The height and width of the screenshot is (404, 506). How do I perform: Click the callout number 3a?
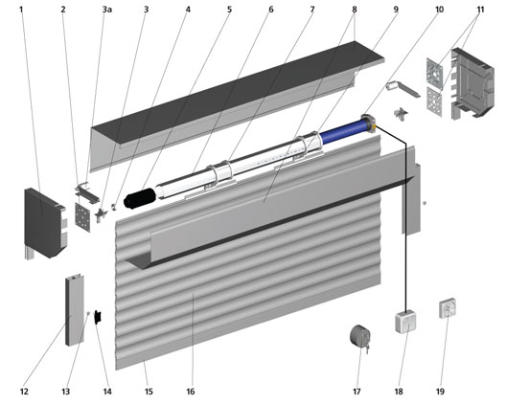[x=107, y=10]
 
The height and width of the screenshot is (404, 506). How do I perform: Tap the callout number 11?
[x=480, y=10]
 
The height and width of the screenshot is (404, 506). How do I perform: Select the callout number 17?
[x=356, y=392]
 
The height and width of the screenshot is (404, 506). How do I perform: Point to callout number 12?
[x=24, y=392]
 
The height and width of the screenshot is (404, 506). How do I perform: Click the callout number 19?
[x=440, y=392]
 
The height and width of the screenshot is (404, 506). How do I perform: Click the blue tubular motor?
[x=346, y=130]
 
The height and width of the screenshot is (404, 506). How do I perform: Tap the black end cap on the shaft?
[x=140, y=198]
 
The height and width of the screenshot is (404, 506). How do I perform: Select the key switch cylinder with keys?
[x=360, y=338]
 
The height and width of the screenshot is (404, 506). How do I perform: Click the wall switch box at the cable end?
[x=405, y=321]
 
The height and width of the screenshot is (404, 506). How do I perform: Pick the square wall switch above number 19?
[x=448, y=308]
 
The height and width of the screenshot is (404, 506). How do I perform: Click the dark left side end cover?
[x=45, y=223]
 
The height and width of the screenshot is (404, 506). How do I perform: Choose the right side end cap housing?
[x=471, y=84]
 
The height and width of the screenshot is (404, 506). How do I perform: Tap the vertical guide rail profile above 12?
[x=75, y=310]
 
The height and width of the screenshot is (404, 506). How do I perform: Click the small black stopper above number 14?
[x=98, y=317]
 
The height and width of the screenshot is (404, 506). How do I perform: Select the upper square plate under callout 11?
[x=435, y=74]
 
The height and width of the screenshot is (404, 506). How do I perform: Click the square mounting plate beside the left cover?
[x=83, y=217]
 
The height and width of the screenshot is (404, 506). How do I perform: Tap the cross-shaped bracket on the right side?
[x=401, y=115]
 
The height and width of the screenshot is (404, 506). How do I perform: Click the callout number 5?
[x=229, y=10]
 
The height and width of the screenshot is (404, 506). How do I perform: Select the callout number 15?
[x=149, y=392]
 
